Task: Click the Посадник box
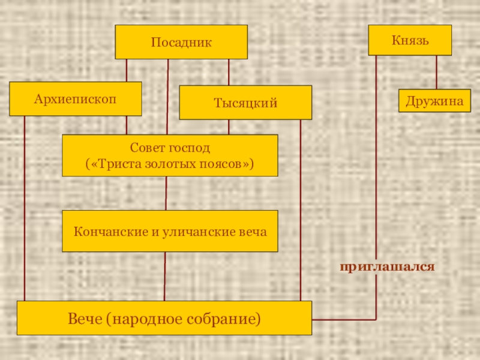click(x=181, y=42)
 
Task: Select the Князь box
click(x=410, y=40)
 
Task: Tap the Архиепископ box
click(x=76, y=98)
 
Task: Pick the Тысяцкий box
click(x=245, y=103)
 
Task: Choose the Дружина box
click(x=434, y=101)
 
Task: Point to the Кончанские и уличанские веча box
click(x=170, y=231)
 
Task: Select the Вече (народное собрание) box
click(x=164, y=318)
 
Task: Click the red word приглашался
click(x=387, y=265)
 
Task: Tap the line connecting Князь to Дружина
click(x=436, y=73)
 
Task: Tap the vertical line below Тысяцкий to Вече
click(x=300, y=210)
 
